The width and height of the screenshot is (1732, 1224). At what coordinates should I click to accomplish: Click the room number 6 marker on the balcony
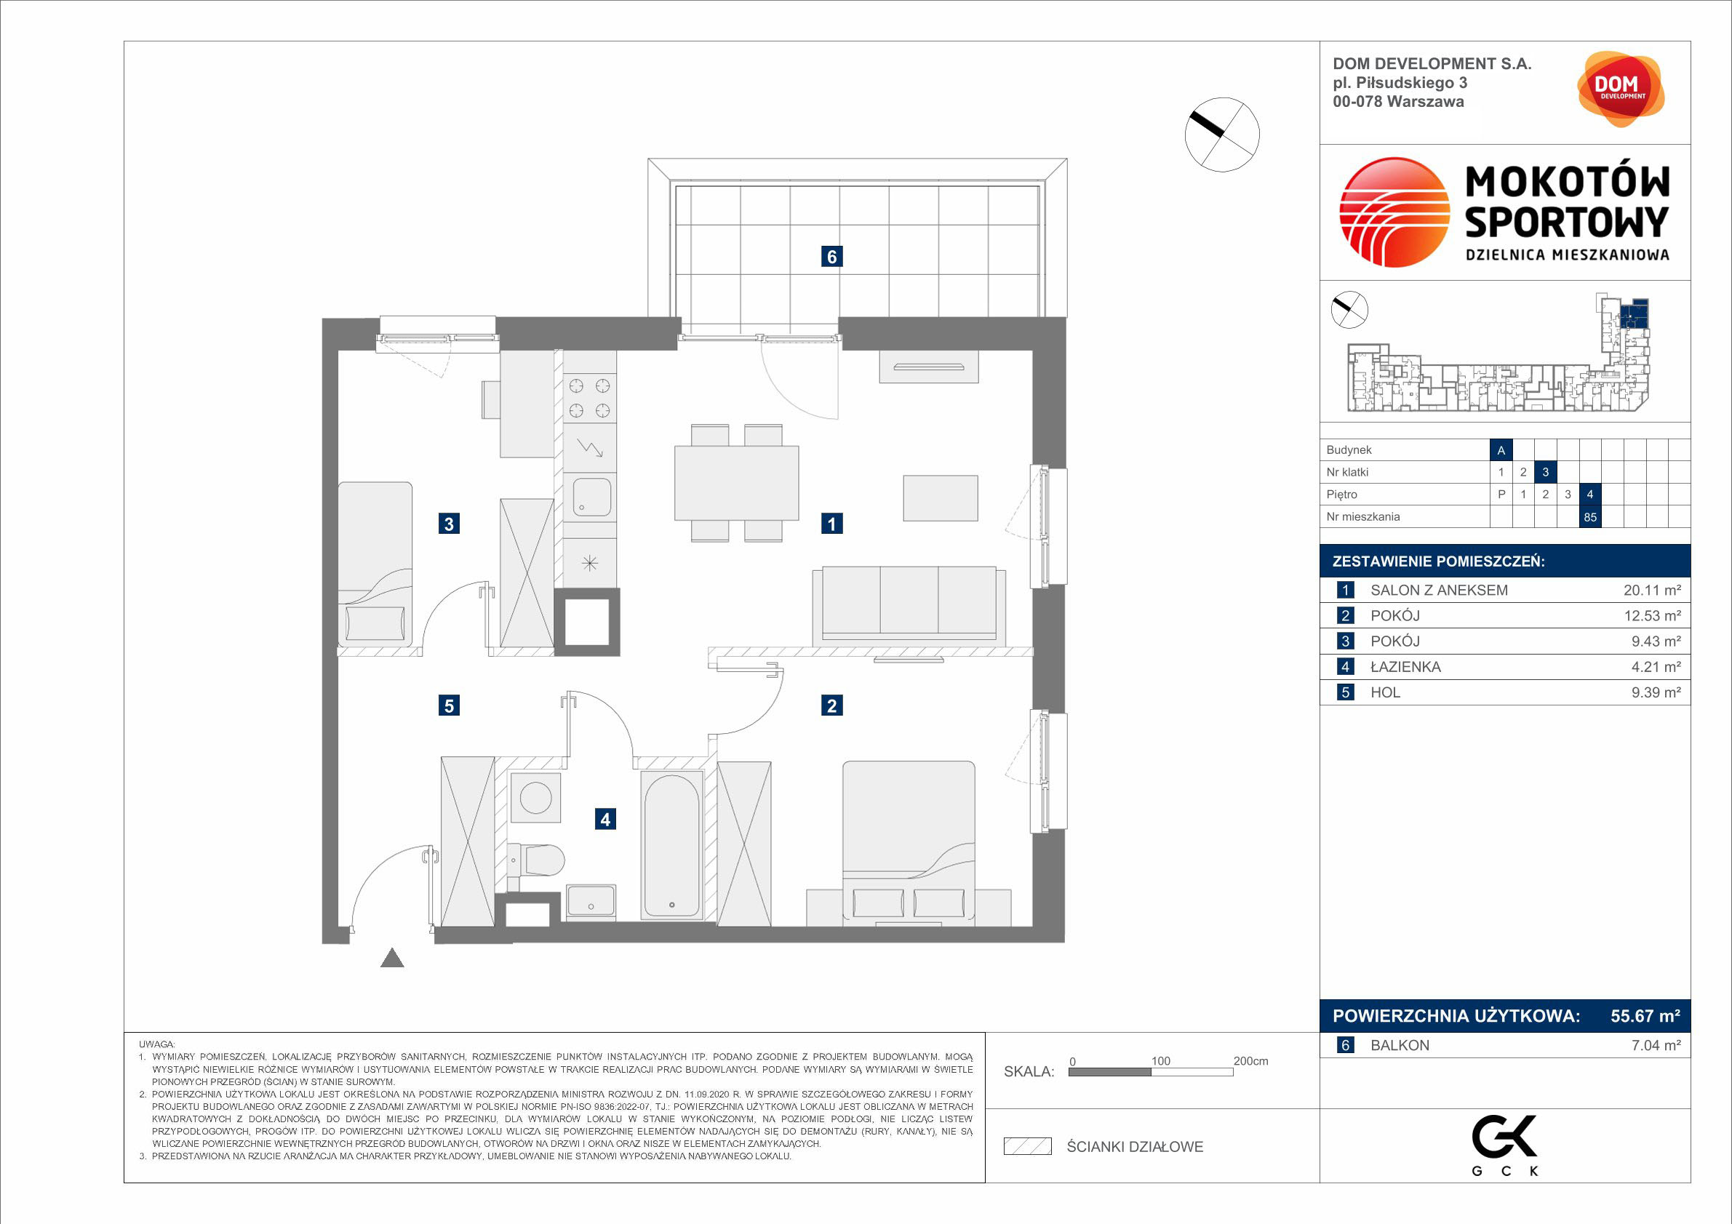(x=831, y=257)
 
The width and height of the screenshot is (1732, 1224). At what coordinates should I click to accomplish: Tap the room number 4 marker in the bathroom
(x=605, y=819)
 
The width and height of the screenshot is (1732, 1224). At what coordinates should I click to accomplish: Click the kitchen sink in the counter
(x=591, y=497)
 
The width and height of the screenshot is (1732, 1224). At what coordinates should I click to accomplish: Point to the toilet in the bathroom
(x=536, y=860)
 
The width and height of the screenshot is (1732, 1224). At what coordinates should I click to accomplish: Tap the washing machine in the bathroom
(x=535, y=798)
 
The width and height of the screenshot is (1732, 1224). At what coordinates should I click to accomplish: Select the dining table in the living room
(x=736, y=483)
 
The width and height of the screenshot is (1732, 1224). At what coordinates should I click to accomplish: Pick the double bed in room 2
(x=909, y=844)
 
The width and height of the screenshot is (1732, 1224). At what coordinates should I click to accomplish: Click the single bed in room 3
(x=375, y=564)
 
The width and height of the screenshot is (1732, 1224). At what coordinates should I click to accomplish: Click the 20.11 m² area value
(x=1652, y=591)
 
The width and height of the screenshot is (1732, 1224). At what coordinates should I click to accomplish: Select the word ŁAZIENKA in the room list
(x=1405, y=667)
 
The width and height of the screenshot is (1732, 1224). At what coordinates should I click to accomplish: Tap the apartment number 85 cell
(x=1590, y=517)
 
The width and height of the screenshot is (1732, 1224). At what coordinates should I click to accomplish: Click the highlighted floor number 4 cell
(x=1590, y=495)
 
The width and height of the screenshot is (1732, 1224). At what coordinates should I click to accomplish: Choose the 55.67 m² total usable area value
(x=1645, y=1016)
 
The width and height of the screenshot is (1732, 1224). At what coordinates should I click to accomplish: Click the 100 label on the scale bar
(x=1160, y=1061)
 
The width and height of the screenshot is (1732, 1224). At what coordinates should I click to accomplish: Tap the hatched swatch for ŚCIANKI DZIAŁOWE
(x=1027, y=1147)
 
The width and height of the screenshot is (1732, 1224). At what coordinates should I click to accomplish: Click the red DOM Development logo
(x=1621, y=89)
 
